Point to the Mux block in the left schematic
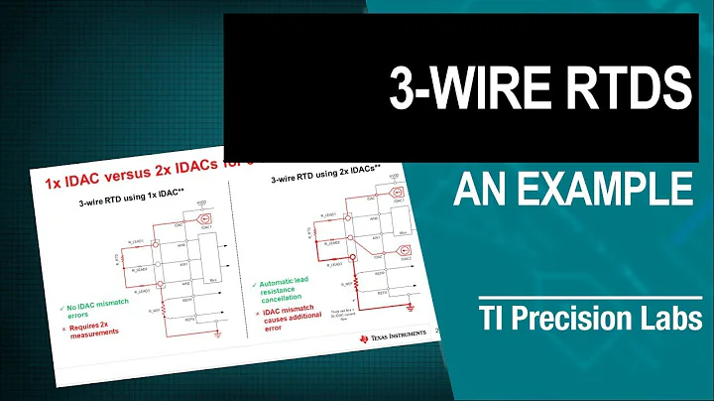coord(211,279)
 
